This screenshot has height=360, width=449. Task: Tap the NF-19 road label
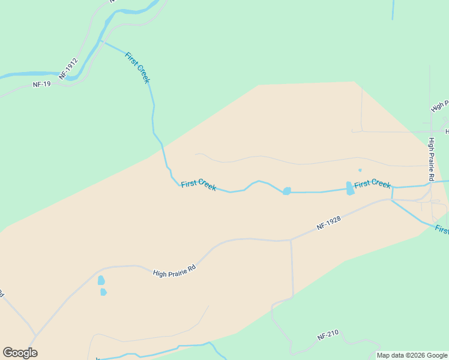pyautogui.click(x=42, y=85)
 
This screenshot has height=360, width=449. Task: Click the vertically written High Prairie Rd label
pyautogui.click(x=431, y=160)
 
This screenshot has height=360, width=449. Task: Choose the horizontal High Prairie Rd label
pyautogui.click(x=175, y=272)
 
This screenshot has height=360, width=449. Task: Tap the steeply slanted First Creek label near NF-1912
pyautogui.click(x=137, y=68)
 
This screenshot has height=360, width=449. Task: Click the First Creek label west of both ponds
pyautogui.click(x=199, y=185)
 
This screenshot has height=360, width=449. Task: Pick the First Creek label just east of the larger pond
pyautogui.click(x=372, y=184)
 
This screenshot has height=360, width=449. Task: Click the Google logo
pyautogui.click(x=20, y=353)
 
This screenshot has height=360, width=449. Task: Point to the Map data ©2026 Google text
pyautogui.click(x=412, y=355)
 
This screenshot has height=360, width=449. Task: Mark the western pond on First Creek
pyautogui.click(x=287, y=191)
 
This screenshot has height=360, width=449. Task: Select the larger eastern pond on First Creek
pyautogui.click(x=350, y=188)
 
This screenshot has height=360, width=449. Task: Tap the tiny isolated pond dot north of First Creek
pyautogui.click(x=360, y=170)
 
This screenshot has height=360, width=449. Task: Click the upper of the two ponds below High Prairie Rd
pyautogui.click(x=101, y=280)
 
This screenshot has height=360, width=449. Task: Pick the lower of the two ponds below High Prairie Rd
pyautogui.click(x=103, y=292)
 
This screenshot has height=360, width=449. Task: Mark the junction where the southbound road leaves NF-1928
pyautogui.click(x=291, y=241)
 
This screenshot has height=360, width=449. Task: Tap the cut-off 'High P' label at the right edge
pyautogui.click(x=440, y=107)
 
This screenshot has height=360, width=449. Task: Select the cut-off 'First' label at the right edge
pyautogui.click(x=442, y=230)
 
